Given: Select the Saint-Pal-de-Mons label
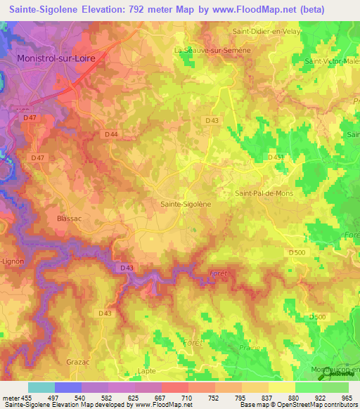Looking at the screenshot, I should click(x=262, y=193).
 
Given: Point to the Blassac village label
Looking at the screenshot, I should click(x=70, y=219).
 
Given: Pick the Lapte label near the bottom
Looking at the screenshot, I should click(x=147, y=370).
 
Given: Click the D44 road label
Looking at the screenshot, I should click(x=110, y=134).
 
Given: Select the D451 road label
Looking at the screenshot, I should click(x=276, y=157).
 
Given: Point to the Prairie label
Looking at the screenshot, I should click(x=247, y=347).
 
